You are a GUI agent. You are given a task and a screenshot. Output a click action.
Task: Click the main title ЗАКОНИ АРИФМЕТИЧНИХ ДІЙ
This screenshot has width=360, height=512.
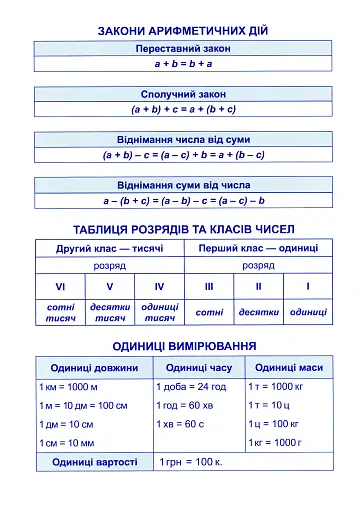point(182,31)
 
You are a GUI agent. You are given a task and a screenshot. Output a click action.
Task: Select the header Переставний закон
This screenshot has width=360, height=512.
point(182,49)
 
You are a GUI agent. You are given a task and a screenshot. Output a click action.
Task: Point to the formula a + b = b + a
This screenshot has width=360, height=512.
point(182,63)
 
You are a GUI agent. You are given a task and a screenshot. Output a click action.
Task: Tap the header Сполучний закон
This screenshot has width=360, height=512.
point(182,94)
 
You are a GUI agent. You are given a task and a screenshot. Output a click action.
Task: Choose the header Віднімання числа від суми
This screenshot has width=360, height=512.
point(182,140)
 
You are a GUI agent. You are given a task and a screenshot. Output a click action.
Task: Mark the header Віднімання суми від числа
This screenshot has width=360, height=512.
point(182,185)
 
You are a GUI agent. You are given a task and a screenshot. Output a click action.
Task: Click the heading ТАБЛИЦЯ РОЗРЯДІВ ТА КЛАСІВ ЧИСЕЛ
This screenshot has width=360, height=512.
point(182,229)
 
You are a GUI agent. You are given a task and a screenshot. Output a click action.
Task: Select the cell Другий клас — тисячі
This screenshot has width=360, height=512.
point(109,247)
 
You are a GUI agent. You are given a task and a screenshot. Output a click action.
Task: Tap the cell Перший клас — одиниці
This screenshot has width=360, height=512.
point(258,247)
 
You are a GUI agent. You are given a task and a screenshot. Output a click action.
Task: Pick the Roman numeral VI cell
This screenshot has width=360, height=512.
point(60,286)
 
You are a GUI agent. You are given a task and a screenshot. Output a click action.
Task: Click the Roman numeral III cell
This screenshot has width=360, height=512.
point(209,286)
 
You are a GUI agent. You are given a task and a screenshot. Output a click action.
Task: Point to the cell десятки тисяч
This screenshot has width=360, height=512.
point(109,313)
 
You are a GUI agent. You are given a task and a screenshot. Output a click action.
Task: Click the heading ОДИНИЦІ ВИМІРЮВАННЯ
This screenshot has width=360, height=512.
point(182,346)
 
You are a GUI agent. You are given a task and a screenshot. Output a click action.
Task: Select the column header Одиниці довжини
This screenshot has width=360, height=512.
point(94,367)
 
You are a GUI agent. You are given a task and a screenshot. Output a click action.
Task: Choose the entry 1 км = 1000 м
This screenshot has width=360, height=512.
point(68,387)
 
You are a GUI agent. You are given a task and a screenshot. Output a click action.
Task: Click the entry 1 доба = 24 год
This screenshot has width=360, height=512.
point(191,387)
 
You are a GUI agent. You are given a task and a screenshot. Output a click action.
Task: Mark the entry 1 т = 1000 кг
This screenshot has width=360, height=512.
point(273,387)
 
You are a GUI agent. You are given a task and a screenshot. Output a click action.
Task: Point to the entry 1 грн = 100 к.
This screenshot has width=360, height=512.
point(191,463)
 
